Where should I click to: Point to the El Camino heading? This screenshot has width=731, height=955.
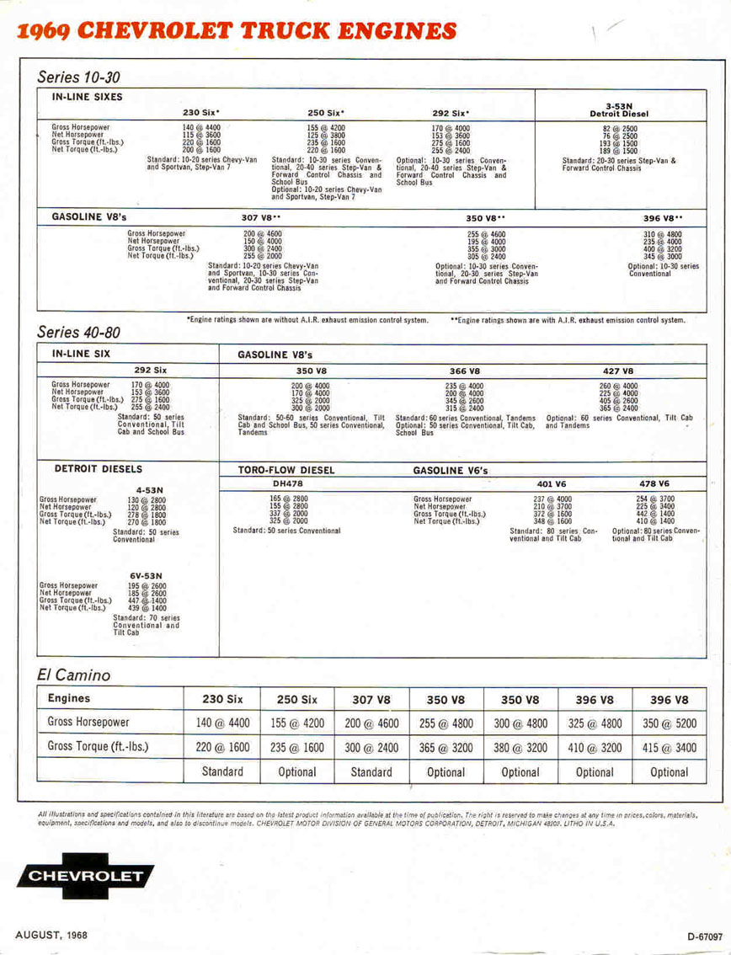tap(74, 675)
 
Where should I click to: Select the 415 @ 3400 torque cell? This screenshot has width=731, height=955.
tap(670, 746)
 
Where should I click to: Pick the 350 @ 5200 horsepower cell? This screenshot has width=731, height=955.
tap(670, 723)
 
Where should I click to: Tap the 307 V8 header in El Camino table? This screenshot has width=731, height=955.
tap(370, 699)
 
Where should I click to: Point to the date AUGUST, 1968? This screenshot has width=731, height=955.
tap(51, 935)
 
